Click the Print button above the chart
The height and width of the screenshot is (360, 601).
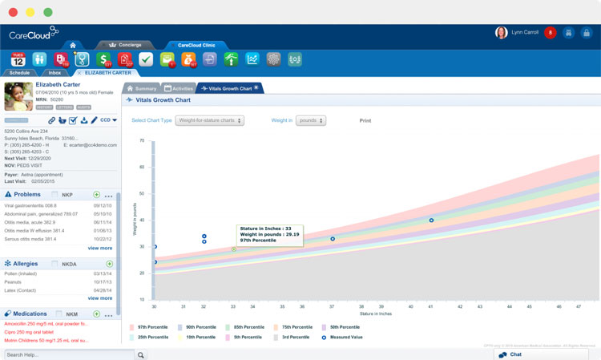(x=365, y=120)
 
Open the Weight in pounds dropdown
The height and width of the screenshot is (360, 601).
(x=311, y=120)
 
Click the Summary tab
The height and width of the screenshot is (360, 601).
(x=142, y=88)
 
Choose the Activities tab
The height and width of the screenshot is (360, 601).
(x=179, y=88)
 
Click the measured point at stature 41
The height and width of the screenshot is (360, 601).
(x=431, y=220)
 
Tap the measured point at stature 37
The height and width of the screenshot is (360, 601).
(x=333, y=239)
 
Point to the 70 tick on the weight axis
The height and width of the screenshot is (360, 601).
(x=142, y=140)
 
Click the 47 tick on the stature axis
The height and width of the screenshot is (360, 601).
(x=579, y=306)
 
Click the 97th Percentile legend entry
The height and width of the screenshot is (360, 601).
(x=152, y=327)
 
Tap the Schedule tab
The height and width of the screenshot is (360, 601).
(x=19, y=72)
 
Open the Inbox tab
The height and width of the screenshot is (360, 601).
(x=54, y=72)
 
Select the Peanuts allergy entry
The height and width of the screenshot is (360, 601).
(x=15, y=281)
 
